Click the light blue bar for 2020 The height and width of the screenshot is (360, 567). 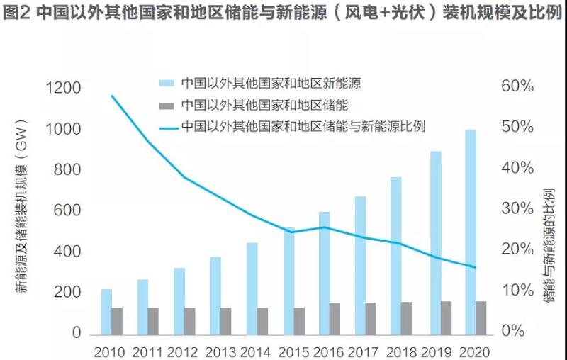pyautogui.click(x=471, y=231)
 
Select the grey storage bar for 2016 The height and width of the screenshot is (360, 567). pyautogui.click(x=335, y=318)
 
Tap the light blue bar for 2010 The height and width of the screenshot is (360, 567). pyautogui.click(x=106, y=311)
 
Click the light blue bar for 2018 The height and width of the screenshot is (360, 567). pyautogui.click(x=395, y=255)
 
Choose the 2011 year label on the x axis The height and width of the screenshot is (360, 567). pyautogui.click(x=147, y=351)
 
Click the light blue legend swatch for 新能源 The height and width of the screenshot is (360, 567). pyautogui.click(x=167, y=83)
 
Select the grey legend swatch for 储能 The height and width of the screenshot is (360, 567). pyautogui.click(x=167, y=106)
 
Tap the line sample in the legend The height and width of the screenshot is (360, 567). pyautogui.click(x=167, y=128)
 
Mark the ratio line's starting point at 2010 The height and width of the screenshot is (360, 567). pyautogui.click(x=112, y=95)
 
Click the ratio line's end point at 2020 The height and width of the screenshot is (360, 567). pyautogui.click(x=476, y=267)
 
